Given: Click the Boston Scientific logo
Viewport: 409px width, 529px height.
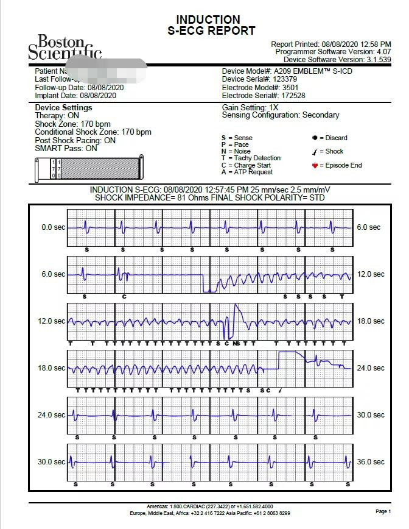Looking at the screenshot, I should pos(63,48).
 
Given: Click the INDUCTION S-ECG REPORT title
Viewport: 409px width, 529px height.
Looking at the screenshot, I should pos(208,25).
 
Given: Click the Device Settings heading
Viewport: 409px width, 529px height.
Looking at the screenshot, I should pos(64,108).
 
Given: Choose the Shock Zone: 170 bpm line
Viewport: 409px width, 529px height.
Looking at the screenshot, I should pos(73,124).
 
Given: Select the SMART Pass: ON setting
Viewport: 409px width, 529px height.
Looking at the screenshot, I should pos(66,148).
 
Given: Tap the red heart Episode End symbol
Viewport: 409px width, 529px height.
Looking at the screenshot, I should pos(315,165).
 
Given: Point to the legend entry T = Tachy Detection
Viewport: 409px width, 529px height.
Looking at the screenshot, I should pos(251,158).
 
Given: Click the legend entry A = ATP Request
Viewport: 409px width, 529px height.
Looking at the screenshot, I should pos(246,172).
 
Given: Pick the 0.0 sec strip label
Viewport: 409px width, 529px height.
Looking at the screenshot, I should pos(53,227).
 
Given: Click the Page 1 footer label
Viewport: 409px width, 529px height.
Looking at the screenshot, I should pos(383,511).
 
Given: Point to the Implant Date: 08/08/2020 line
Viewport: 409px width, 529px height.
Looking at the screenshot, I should pos(75,96).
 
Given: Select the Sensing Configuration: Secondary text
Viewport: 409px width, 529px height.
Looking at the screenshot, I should pos(281,115).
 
